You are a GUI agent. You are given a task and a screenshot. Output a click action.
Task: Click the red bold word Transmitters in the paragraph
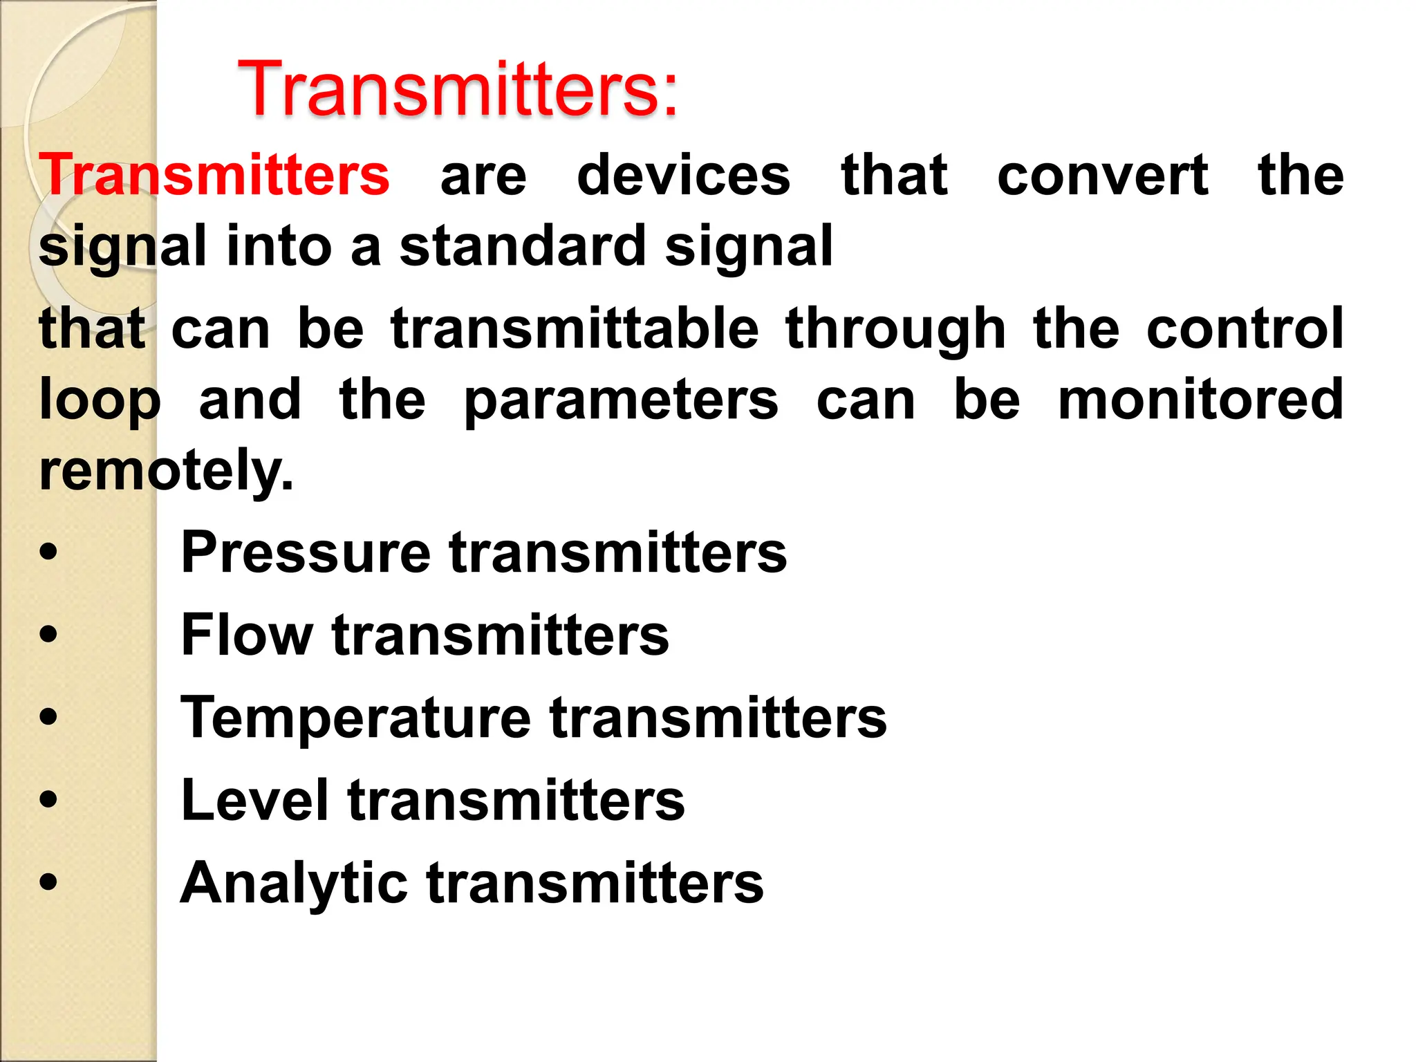(x=214, y=175)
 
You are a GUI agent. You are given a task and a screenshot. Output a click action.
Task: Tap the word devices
(x=683, y=175)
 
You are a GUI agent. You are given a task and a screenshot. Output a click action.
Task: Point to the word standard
(x=521, y=246)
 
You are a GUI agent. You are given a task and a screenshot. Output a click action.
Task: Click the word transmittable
(x=575, y=328)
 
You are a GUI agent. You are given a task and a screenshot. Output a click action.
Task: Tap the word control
(x=1245, y=328)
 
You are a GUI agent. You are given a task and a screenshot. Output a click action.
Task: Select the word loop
(x=100, y=401)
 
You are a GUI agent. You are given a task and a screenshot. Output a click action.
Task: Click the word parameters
(x=621, y=401)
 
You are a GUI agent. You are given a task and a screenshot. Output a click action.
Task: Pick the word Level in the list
(x=254, y=800)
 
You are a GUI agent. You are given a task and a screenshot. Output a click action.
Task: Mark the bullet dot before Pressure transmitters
(x=48, y=552)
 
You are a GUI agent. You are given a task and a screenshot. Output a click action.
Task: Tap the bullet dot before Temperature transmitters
(x=48, y=717)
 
